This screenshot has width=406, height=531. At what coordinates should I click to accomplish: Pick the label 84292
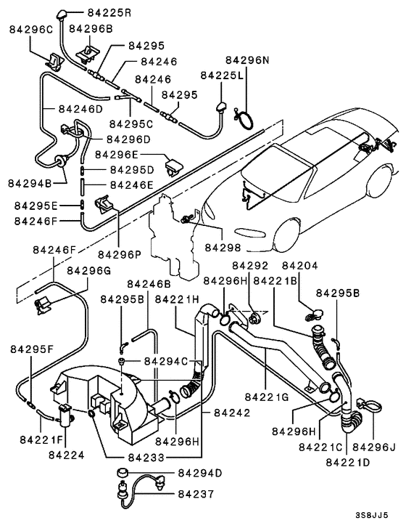(x=252, y=267)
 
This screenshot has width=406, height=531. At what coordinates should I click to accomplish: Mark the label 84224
(x=67, y=455)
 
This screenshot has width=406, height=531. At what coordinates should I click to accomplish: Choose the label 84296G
(x=88, y=270)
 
